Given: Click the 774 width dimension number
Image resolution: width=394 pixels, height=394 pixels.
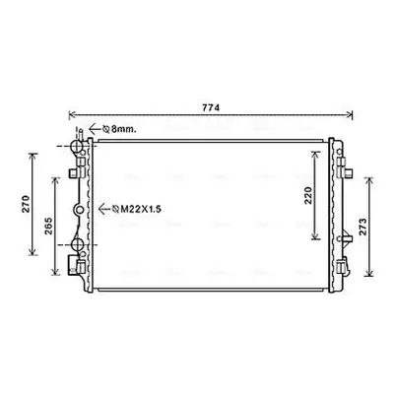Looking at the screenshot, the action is (x=211, y=107).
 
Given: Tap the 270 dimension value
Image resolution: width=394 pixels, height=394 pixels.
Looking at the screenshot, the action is (x=26, y=204).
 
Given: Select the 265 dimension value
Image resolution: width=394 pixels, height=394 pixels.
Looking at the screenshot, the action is (x=48, y=226).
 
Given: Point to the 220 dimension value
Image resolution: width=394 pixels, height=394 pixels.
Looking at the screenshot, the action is (x=308, y=196).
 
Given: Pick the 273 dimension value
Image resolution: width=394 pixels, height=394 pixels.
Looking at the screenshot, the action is (x=362, y=227).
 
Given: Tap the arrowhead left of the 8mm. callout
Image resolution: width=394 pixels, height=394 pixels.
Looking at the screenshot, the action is (x=92, y=129).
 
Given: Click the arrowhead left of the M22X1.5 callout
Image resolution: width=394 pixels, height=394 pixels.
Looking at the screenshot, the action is (x=102, y=209).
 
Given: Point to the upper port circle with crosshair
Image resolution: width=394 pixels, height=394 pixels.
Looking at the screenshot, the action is (x=77, y=146).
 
